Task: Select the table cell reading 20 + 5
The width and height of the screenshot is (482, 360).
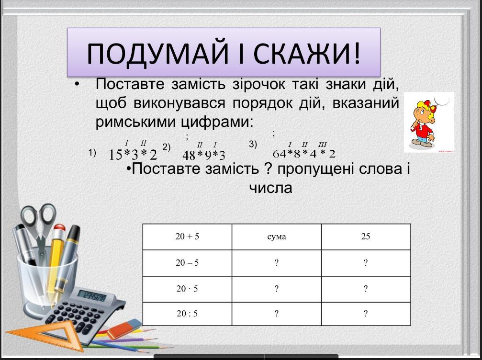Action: (187, 236)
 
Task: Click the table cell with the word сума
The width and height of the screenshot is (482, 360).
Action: (276, 236)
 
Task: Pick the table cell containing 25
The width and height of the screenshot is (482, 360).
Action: (366, 236)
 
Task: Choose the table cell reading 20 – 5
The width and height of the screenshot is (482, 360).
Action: (187, 263)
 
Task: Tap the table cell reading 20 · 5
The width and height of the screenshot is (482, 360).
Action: (187, 289)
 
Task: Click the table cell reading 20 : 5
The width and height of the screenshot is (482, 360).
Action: (187, 314)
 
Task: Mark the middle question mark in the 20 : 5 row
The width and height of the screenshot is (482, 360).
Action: (276, 314)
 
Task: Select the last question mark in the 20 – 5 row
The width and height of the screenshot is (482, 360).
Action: (366, 263)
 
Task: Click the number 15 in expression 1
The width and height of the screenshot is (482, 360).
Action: (115, 155)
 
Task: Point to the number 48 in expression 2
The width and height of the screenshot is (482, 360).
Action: (189, 156)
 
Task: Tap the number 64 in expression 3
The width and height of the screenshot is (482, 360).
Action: (280, 153)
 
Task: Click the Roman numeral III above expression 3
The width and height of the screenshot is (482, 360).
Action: (323, 144)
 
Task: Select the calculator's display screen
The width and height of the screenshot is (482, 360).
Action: (92, 296)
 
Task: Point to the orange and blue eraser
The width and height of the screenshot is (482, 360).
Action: (124, 329)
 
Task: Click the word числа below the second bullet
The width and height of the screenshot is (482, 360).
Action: (270, 188)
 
